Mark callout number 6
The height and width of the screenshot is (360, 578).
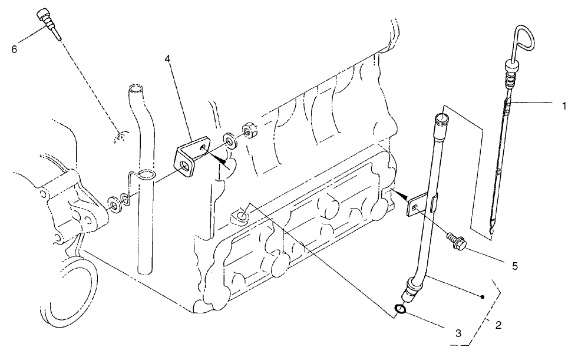14,48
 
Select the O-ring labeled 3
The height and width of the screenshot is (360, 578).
400,309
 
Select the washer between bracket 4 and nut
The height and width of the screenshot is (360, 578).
229,139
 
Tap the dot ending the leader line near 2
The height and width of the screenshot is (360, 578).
483,298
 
